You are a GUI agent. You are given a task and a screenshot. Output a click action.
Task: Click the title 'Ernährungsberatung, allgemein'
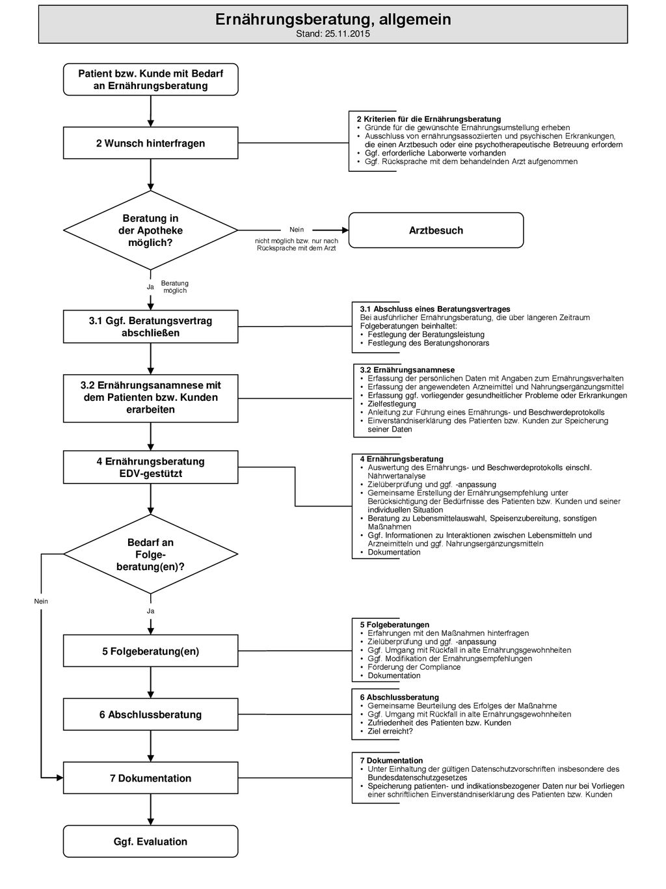coord(332,19)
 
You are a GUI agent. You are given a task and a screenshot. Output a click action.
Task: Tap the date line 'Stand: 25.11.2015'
coord(332,34)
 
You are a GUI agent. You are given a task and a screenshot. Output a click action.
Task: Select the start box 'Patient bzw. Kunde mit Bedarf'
coord(150,79)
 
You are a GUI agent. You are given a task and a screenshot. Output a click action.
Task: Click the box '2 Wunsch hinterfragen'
coord(150,143)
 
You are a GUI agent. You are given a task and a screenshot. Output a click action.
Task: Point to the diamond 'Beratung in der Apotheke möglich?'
coord(150,230)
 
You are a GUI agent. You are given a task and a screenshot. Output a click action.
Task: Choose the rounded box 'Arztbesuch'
coord(436,230)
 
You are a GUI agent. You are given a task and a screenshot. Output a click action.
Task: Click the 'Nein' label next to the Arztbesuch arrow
coord(297,230)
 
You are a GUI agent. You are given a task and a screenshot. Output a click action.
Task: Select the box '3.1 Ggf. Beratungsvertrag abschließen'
coord(150,327)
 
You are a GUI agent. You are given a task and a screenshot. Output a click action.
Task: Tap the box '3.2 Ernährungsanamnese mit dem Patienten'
coord(150,398)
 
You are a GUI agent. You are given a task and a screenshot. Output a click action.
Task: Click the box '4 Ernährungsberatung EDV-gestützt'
coord(150,467)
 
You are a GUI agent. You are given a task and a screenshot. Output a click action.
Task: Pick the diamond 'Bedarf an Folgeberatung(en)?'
coord(150,554)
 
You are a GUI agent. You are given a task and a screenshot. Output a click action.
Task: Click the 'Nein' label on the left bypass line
coord(41,601)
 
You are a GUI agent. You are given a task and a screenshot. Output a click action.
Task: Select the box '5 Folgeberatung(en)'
coord(150,651)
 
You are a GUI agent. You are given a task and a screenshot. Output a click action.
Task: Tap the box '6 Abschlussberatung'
coord(150,715)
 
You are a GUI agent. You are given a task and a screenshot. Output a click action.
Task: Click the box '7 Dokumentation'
coord(150,778)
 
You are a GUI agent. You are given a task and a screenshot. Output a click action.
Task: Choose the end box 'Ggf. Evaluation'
coord(150,841)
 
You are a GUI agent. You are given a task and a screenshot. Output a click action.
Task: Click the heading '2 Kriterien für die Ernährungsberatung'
coord(429,119)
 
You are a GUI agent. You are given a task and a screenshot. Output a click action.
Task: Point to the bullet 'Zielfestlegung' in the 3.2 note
coord(392,403)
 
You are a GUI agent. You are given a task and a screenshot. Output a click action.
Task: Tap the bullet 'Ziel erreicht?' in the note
coord(390,732)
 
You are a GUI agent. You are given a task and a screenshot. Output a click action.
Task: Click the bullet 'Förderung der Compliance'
coord(414,667)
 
